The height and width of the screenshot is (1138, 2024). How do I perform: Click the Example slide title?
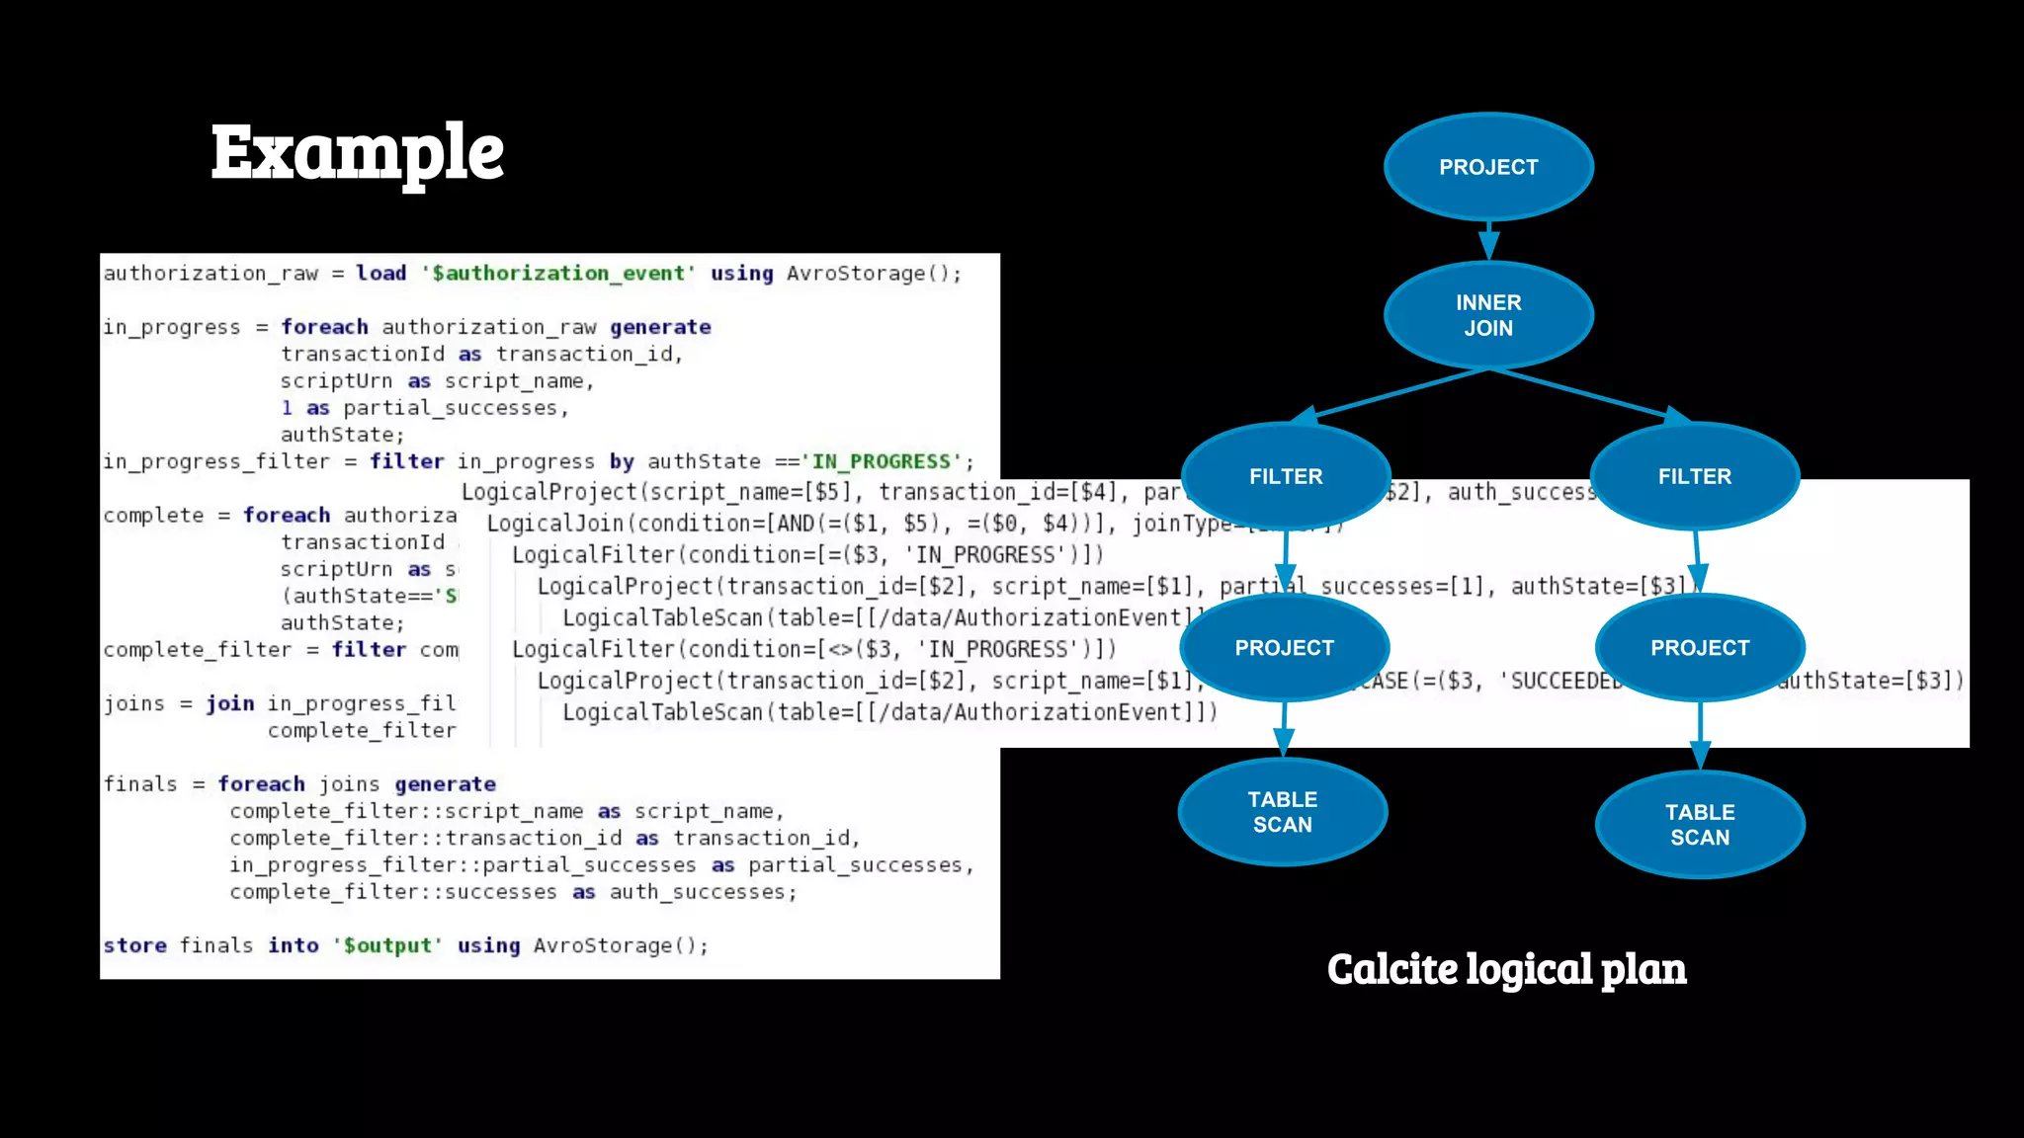pyautogui.click(x=357, y=153)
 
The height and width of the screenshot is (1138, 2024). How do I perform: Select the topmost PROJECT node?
pyautogui.click(x=1488, y=167)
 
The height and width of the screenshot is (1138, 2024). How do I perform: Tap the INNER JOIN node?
pyautogui.click(x=1488, y=315)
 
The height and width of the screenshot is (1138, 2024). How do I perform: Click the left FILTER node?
pyautogui.click(x=1286, y=476)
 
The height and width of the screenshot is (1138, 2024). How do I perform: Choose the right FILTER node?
pyautogui.click(x=1695, y=476)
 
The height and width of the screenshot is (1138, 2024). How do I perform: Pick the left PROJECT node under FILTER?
pyautogui.click(x=1284, y=648)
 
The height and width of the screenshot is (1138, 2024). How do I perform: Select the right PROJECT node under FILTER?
pyautogui.click(x=1700, y=648)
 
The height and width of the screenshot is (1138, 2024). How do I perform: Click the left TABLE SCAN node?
pyautogui.click(x=1283, y=812)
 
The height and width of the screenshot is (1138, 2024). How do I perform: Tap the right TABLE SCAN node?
pyautogui.click(x=1700, y=825)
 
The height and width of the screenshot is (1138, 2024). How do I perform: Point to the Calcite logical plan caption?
pyautogui.click(x=1506, y=969)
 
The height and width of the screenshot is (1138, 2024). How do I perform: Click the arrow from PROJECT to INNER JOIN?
pyautogui.click(x=1489, y=240)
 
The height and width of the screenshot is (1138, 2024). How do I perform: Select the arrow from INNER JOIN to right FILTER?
pyautogui.click(x=1591, y=396)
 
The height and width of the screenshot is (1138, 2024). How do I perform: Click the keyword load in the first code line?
pyautogui.click(x=381, y=274)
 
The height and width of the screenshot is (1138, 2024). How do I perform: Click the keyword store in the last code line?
pyautogui.click(x=135, y=945)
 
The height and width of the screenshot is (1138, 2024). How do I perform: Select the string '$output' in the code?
pyautogui.click(x=387, y=945)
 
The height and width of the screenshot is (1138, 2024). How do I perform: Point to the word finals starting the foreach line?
pyautogui.click(x=140, y=784)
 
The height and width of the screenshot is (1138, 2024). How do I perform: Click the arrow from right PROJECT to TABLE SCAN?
pyautogui.click(x=1700, y=736)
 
